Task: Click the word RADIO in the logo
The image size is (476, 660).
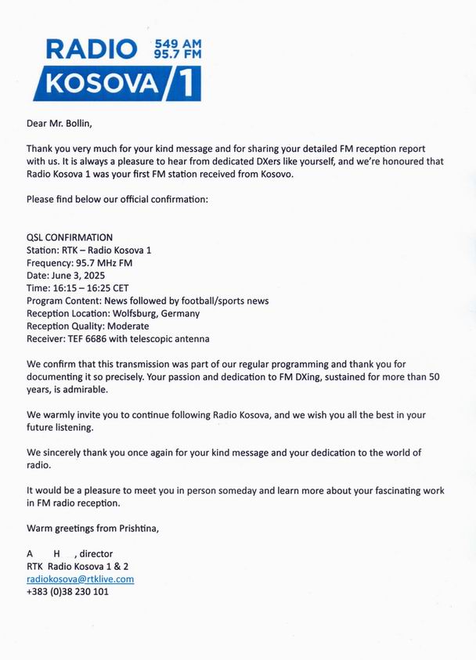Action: tap(92, 49)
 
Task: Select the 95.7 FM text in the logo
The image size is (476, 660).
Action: tap(178, 54)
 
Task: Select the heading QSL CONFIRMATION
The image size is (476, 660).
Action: tap(70, 237)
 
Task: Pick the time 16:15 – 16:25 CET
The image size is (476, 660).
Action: tap(90, 288)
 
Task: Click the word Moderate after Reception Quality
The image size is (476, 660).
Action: tap(126, 326)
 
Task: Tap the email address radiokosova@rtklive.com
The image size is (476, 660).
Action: tap(80, 579)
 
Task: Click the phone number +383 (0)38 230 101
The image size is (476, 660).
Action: tap(67, 592)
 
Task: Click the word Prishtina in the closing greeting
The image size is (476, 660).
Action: tap(135, 528)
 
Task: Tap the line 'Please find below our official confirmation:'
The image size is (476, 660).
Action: tap(117, 199)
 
